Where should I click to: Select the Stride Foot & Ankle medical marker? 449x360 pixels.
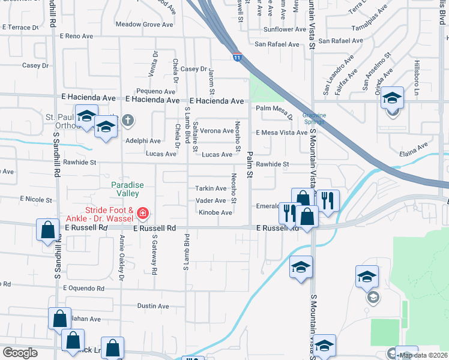click(142, 213)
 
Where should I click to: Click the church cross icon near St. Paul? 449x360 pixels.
click(127, 121)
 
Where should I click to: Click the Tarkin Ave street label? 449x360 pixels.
click(210, 188)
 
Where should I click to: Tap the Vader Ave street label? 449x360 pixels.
click(211, 200)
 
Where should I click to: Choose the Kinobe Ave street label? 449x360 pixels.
click(215, 212)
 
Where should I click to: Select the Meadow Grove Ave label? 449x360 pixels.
click(143, 25)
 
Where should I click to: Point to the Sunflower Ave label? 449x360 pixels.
click(285, 29)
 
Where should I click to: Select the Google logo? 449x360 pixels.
click(20, 353)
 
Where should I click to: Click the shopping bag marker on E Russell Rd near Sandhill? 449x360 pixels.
click(47, 230)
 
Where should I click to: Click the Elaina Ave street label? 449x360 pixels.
click(414, 145)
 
